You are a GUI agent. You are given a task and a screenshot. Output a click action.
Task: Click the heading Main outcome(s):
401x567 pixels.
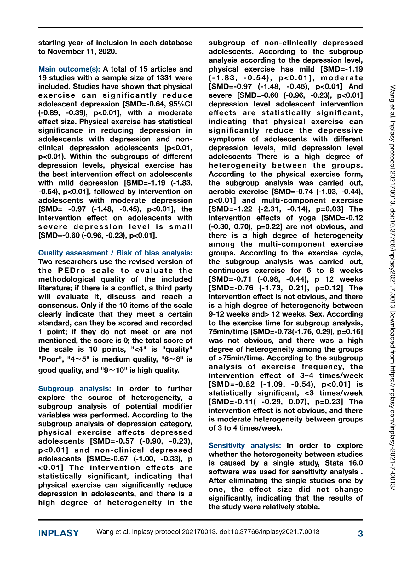[x=69, y=69]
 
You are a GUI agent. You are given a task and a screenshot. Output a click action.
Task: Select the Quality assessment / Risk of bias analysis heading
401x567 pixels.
[x=115, y=253]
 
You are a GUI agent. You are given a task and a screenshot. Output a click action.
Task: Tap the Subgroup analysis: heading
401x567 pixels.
[x=74, y=389]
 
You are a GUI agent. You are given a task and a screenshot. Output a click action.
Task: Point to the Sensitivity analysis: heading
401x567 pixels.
[x=245, y=445]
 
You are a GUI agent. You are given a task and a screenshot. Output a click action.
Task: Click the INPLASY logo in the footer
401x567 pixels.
[x=59, y=533]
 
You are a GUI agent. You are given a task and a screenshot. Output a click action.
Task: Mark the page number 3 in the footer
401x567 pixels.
[x=360, y=534]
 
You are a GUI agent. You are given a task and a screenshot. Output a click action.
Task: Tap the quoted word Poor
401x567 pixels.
[x=50, y=359]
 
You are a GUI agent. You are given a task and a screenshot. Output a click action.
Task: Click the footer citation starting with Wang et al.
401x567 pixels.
[x=208, y=532]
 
